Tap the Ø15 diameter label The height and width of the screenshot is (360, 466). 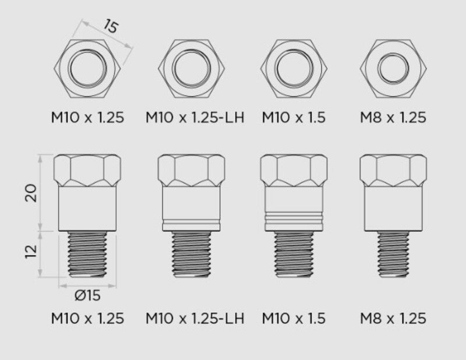point(87,295)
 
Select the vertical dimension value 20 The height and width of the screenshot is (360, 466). point(33,192)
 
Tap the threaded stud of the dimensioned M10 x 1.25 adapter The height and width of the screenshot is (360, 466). point(88,253)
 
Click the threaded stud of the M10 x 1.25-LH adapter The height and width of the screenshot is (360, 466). point(190,254)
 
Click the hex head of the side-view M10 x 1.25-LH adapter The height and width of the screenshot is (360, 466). point(190,170)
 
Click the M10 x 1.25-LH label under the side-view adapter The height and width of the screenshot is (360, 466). point(195,319)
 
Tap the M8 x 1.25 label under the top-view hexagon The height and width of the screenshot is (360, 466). point(393,117)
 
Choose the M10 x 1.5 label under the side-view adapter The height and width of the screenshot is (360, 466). point(294,319)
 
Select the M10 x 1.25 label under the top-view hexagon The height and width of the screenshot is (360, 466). point(87,117)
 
